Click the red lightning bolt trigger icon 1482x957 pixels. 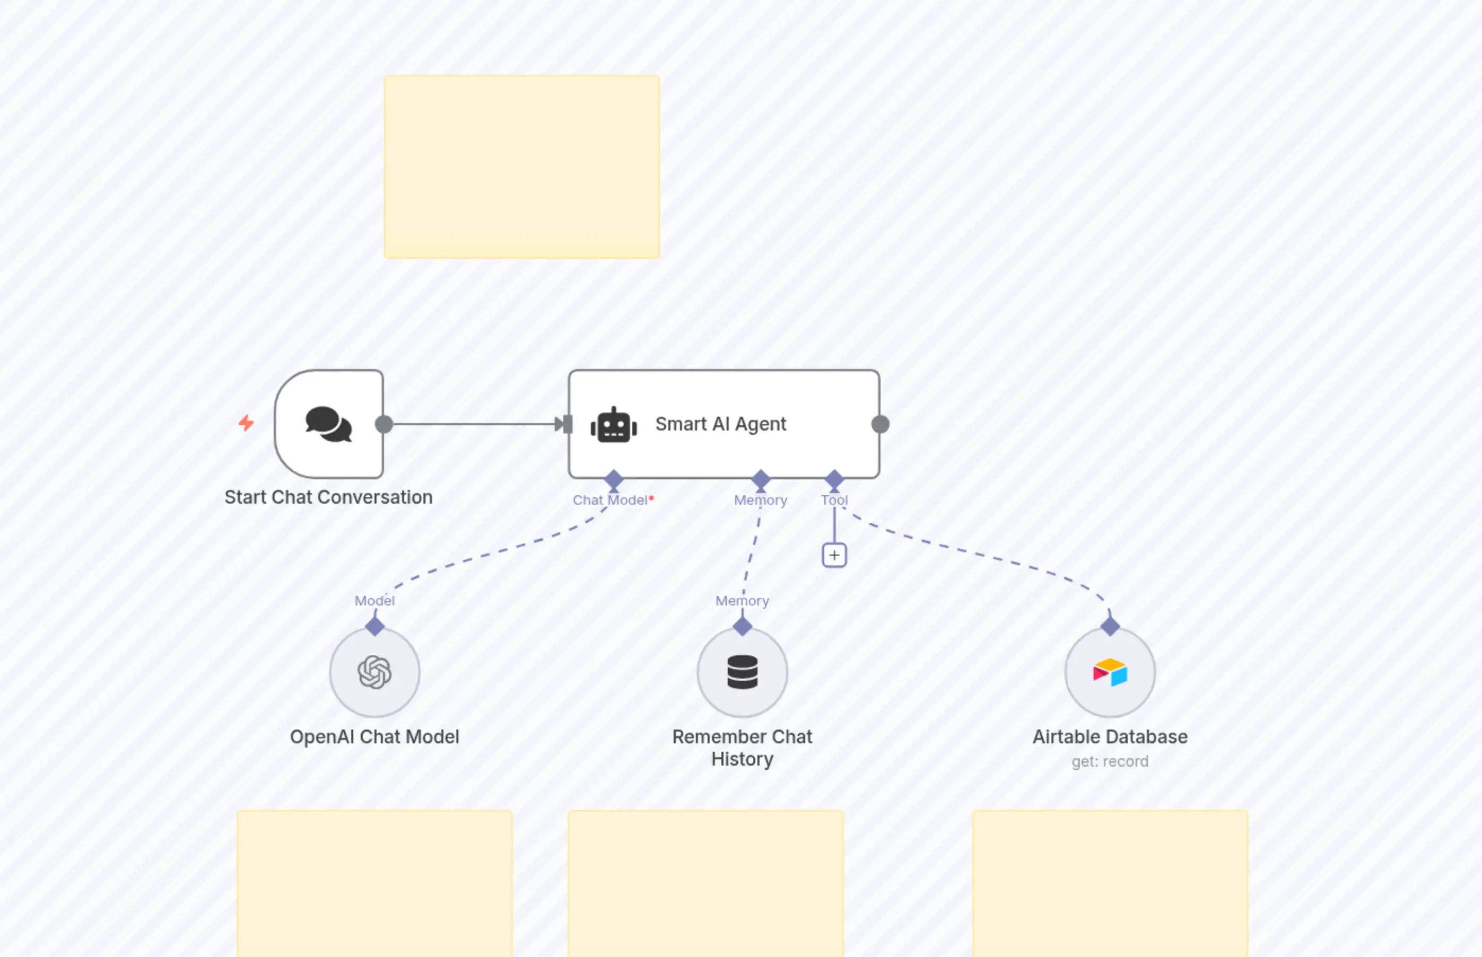tap(246, 423)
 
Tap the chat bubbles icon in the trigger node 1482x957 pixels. tap(329, 425)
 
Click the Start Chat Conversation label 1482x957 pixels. tap(328, 497)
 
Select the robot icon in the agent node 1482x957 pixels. tap(614, 426)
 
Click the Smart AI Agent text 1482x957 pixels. tap(720, 424)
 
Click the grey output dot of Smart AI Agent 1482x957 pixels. tap(881, 425)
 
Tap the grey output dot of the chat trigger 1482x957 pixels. tap(384, 425)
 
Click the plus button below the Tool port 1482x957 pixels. tap(834, 555)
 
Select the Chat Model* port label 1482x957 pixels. tap(612, 501)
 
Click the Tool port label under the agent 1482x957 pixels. tap(834, 501)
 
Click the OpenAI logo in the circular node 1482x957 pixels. tap(375, 672)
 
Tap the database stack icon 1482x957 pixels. tap(742, 672)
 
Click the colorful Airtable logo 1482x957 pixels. tap(1110, 672)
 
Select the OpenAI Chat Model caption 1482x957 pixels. tap(374, 737)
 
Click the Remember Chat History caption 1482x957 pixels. tap(742, 748)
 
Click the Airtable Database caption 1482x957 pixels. tap(1110, 737)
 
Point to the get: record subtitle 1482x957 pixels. tap(1110, 761)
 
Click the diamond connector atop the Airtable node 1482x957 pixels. tap(1110, 626)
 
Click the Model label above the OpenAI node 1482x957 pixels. tap(374, 601)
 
